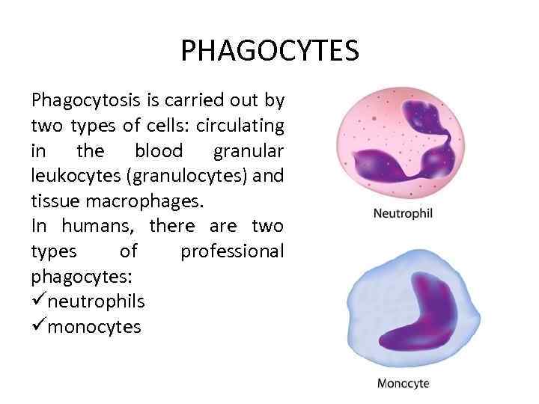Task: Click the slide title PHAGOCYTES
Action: [x=269, y=52]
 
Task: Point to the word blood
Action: [x=158, y=151]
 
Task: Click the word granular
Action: [x=249, y=151]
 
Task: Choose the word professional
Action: [x=232, y=251]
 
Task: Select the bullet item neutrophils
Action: [x=96, y=302]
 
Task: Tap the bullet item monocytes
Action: [x=94, y=327]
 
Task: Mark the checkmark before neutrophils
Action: [x=38, y=302]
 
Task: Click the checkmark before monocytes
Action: [x=38, y=327]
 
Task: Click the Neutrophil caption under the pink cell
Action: [x=403, y=213]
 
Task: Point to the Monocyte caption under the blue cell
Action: [x=403, y=384]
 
